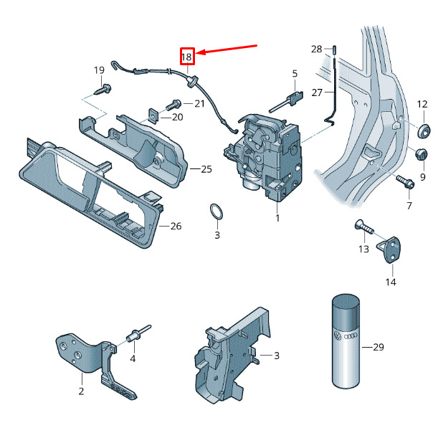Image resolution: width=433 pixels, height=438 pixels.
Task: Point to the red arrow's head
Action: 196,52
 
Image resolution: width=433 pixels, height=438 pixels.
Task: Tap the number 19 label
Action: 99,70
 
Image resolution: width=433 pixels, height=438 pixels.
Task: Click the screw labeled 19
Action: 103,89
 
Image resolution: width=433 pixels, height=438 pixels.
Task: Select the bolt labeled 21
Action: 173,105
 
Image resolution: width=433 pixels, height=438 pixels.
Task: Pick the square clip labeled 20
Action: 153,115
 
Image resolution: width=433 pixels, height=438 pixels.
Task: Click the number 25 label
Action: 206,169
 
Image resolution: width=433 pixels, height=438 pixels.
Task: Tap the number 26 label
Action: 176,226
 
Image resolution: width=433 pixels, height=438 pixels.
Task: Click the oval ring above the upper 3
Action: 217,212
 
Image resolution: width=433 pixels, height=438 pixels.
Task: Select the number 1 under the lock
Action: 277,218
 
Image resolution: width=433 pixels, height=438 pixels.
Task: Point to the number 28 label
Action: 317,49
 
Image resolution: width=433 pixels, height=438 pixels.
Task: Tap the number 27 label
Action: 317,92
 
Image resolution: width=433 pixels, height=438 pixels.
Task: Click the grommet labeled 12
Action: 424,130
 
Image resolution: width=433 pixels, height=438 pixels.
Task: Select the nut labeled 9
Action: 421,155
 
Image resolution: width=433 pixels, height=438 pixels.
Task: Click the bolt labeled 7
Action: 405,181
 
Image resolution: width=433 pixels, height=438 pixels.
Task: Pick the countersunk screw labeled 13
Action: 364,227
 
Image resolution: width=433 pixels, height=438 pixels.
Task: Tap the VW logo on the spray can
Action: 338,335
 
